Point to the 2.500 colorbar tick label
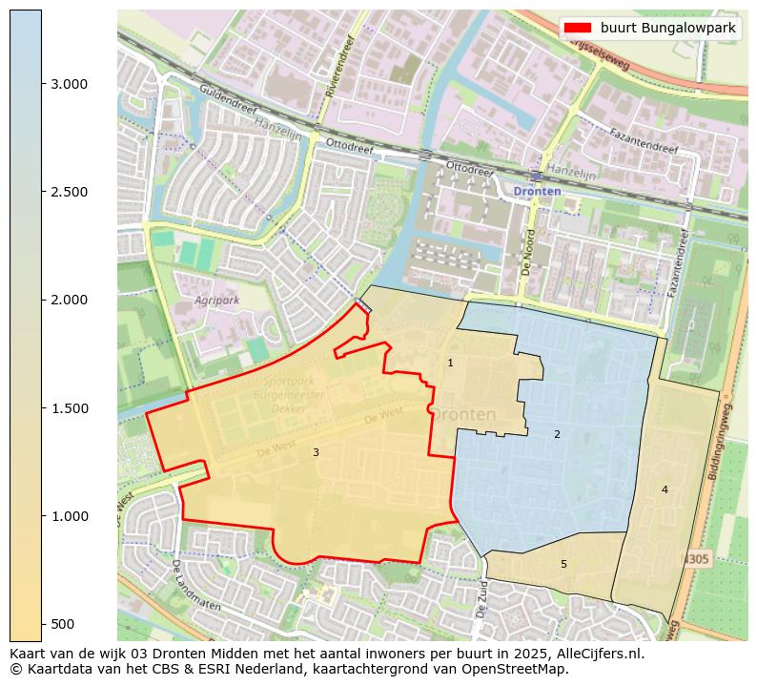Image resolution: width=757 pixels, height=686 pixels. [69, 192]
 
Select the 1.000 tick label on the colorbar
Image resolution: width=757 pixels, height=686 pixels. [69, 516]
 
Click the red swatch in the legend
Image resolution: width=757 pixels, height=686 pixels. [578, 28]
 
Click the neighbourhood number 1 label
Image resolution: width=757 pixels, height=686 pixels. [450, 363]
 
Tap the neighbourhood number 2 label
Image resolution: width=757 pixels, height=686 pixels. [557, 434]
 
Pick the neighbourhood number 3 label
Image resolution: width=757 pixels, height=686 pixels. [316, 452]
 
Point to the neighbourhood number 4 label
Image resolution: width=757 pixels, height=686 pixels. [665, 489]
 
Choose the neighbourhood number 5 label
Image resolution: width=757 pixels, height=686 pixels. [563, 564]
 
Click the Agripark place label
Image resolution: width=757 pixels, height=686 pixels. [217, 300]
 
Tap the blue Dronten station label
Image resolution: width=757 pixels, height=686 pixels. [537, 191]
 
